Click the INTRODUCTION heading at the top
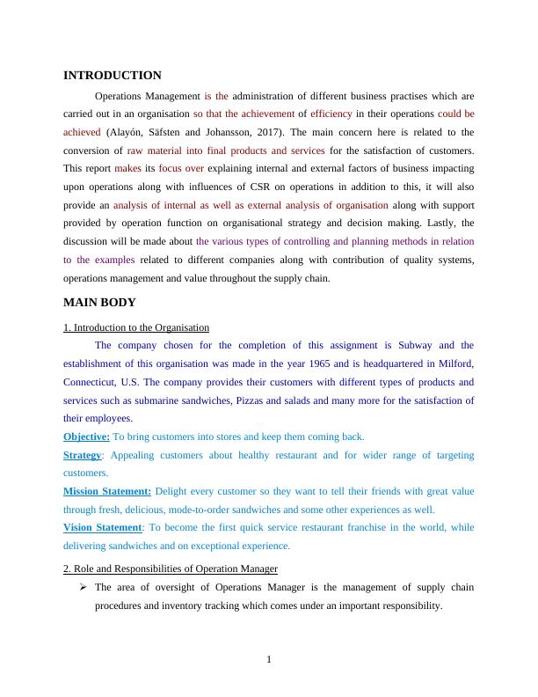(113, 76)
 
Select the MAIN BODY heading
(99, 302)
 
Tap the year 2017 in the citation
(281, 132)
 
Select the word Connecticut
(91, 382)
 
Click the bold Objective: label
(86, 437)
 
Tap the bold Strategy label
(82, 455)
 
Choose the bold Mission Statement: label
(107, 491)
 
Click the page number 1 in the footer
(269, 662)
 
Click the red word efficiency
(331, 114)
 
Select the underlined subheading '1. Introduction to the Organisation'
(136, 327)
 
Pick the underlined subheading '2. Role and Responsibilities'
(171, 568)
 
